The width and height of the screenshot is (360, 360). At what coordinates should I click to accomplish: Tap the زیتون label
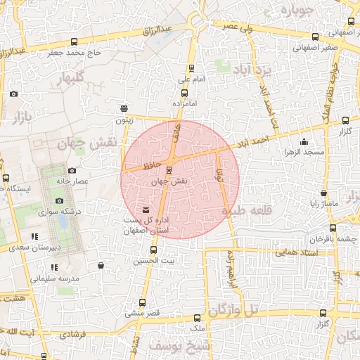[x=124, y=120]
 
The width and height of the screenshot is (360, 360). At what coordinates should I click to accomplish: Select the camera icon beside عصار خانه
[x=72, y=170]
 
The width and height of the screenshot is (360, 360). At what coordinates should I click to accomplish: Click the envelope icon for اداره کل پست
[x=146, y=210]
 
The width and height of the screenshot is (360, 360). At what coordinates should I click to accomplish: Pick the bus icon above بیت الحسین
[x=154, y=250]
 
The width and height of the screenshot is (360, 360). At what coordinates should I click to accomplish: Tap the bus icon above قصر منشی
[x=143, y=302]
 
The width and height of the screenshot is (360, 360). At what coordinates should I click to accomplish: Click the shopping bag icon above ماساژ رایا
[x=323, y=193]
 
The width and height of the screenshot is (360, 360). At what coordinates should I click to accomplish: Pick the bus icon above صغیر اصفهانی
[x=314, y=37]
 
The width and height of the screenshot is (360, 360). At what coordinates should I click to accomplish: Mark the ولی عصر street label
[x=236, y=25]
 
